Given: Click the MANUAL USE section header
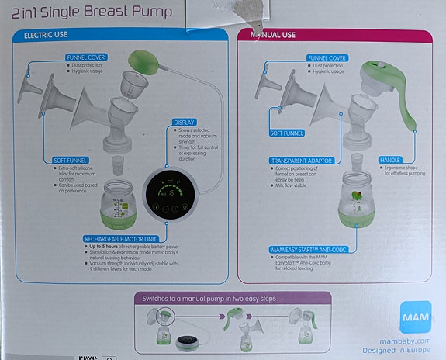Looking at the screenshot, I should (275, 36).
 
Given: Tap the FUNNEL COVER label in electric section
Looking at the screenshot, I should (86, 57).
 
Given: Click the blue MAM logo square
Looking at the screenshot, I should (416, 317).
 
